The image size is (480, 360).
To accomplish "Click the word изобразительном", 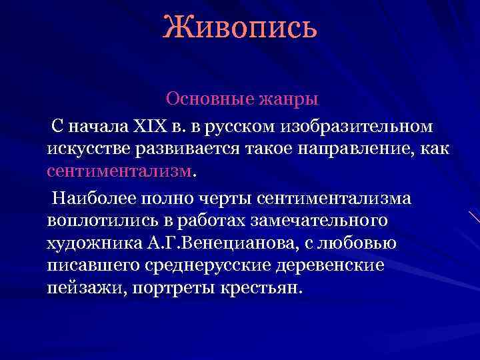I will click(x=357, y=126).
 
